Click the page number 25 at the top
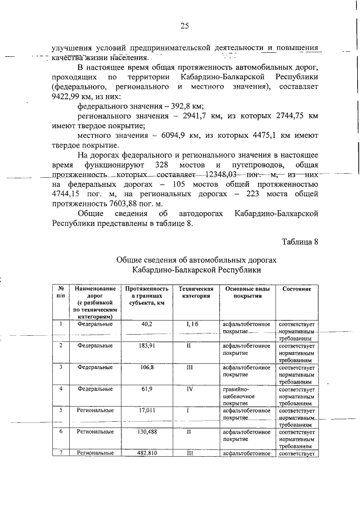[x=184, y=25]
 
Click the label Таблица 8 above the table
[x=300, y=242]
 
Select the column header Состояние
[x=296, y=289]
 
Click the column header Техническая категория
[x=193, y=292]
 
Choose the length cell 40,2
[x=147, y=325]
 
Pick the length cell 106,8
[x=147, y=367]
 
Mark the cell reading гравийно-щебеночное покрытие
[x=246, y=396]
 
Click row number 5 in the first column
[x=60, y=410]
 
